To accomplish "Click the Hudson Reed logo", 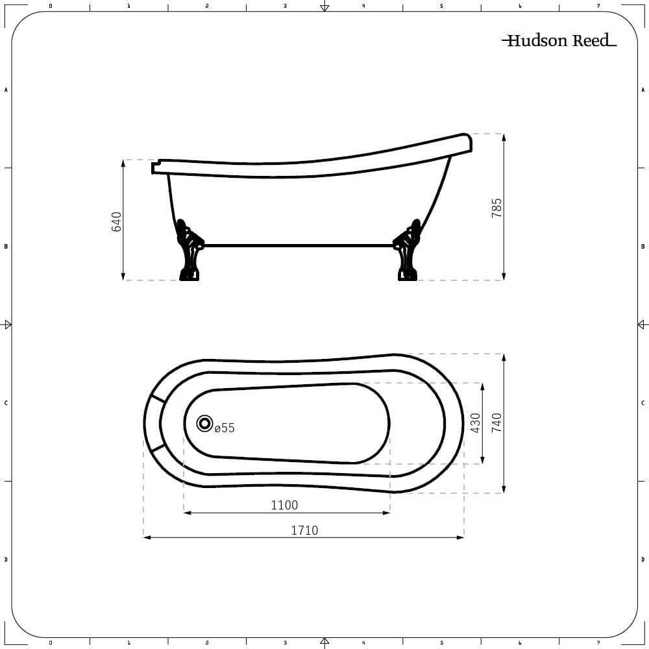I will click(559, 41).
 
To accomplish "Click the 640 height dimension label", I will click(117, 221).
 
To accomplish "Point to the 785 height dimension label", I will click(496, 208).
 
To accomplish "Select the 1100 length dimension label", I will click(284, 505).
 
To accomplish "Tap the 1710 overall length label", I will click(304, 530).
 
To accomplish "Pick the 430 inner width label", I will click(475, 422).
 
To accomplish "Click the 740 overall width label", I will click(496, 422).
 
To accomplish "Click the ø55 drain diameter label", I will click(225, 428).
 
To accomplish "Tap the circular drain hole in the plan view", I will click(204, 424).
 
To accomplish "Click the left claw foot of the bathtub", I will click(189, 253).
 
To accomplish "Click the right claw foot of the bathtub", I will click(407, 253).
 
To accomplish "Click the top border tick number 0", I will click(51, 6).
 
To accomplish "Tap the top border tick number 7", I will click(598, 6).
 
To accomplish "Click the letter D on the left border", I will click(6, 559).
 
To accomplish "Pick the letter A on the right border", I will click(643, 90).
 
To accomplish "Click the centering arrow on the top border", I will click(324, 6).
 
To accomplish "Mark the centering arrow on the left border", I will click(7, 324).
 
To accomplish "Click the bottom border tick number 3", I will click(285, 643).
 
